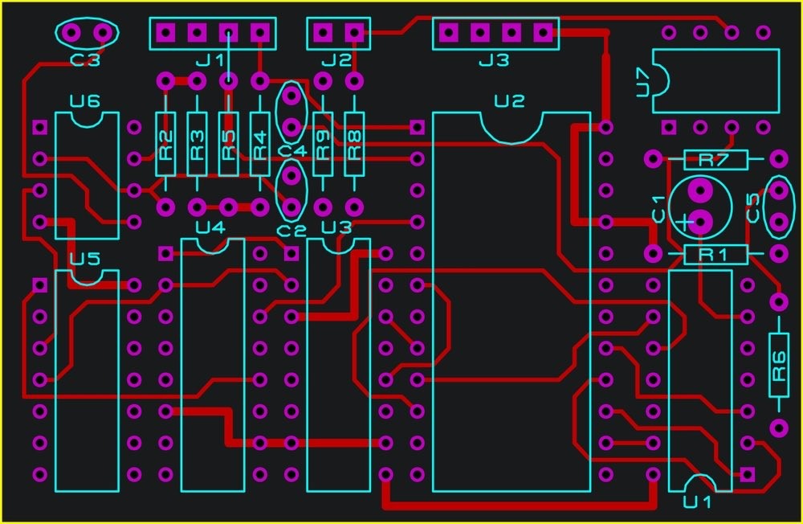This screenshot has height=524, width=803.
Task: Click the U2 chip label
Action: (x=509, y=101)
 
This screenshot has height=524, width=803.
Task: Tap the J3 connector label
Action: (x=493, y=60)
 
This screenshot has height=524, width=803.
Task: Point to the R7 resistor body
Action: (x=715, y=159)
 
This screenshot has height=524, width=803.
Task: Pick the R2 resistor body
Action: (x=165, y=144)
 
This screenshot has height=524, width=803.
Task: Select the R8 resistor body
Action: (x=354, y=144)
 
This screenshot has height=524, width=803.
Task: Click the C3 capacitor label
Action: (x=85, y=59)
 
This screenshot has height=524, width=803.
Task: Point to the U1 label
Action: (x=697, y=502)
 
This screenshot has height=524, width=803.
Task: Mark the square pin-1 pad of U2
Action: (x=417, y=127)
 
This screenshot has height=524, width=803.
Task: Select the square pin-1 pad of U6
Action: (x=39, y=127)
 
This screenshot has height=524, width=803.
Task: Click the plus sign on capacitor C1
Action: (x=683, y=221)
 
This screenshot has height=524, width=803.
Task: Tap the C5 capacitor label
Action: (x=753, y=207)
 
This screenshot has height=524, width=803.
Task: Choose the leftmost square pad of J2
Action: (x=322, y=33)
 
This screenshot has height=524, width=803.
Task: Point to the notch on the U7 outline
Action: (x=660, y=81)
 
